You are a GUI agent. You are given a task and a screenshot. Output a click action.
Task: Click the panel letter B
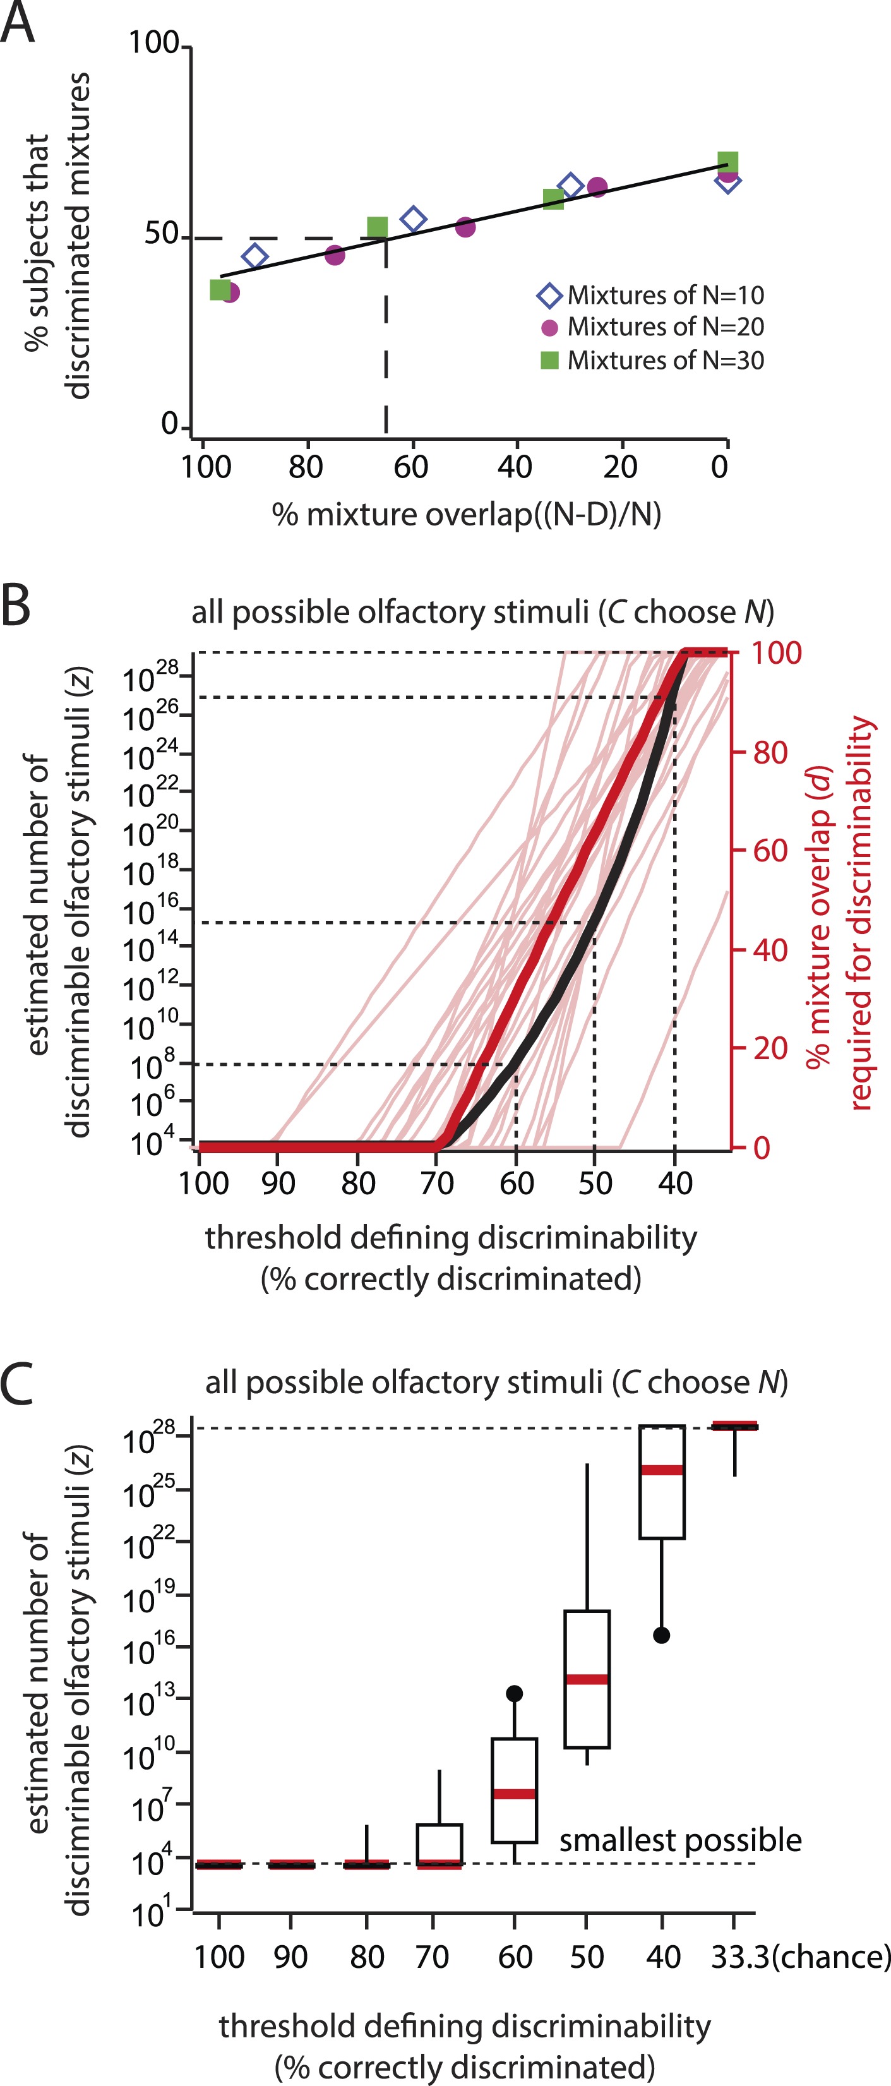pos(16,606)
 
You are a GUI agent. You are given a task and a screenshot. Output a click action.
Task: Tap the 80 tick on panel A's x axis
pos(306,467)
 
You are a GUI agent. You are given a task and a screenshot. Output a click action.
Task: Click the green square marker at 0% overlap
pos(727,162)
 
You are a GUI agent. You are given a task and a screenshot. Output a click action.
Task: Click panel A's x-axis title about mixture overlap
pos(467,514)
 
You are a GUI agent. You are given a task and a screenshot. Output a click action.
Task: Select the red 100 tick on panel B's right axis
pos(776,652)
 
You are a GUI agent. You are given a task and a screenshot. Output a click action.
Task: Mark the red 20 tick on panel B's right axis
pos(770,1048)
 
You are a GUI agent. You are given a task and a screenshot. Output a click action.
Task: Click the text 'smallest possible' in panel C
pos(679,1840)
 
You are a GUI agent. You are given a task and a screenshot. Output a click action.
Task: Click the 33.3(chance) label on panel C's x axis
pos(800,1957)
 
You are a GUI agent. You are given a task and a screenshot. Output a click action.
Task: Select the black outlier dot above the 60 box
pos(515,1693)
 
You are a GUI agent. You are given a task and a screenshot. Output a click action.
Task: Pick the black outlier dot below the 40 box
pos(662,1635)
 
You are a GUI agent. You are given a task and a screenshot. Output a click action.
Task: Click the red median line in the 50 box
pos(587,1679)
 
